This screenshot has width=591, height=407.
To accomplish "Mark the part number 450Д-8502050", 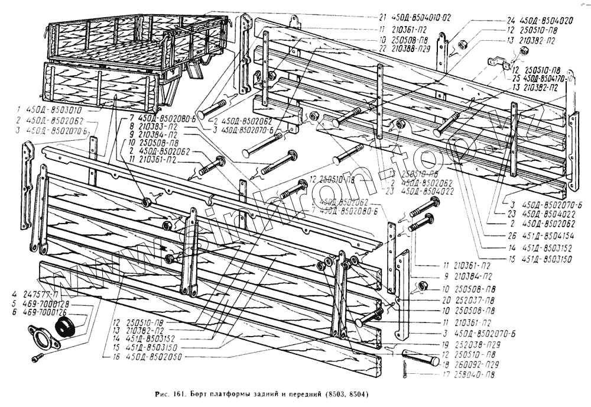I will click(x=156, y=357).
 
